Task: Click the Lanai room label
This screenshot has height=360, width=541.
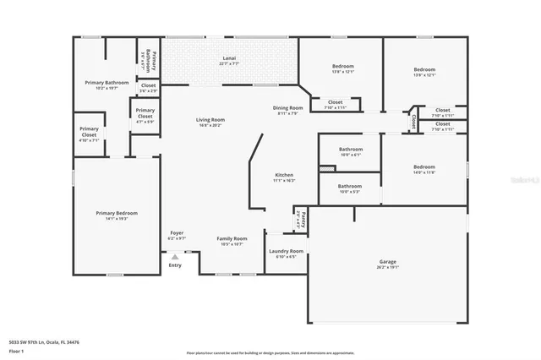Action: click(229, 60)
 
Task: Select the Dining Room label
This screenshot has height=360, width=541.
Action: click(287, 108)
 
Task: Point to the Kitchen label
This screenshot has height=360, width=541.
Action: click(283, 175)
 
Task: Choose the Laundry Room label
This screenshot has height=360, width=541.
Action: click(286, 251)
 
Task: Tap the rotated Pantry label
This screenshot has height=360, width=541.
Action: click(299, 222)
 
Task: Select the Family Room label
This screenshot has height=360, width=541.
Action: click(232, 239)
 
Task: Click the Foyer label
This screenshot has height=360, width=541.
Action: click(178, 232)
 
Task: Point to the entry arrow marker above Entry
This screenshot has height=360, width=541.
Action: click(175, 256)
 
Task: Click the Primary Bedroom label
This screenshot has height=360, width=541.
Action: click(116, 213)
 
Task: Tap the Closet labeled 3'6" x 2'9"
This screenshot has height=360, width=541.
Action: click(148, 85)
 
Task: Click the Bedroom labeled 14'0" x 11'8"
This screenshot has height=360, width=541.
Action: click(424, 166)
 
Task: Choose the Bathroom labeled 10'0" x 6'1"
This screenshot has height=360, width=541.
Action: click(350, 151)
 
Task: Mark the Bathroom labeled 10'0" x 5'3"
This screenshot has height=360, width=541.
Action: click(350, 186)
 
